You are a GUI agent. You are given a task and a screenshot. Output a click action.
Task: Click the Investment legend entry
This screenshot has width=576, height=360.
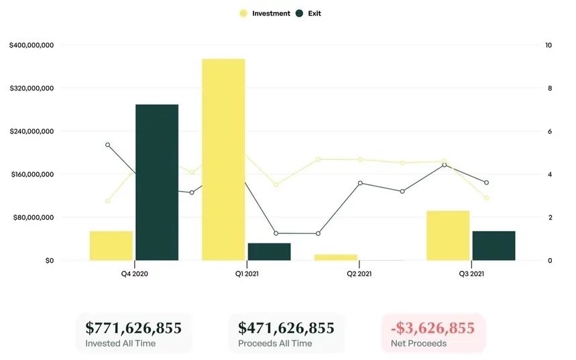pos(271,13)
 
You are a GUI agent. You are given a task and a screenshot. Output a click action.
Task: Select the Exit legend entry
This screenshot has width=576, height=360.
pos(314,13)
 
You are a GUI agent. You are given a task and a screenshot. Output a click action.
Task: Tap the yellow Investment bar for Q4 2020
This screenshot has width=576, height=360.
pos(111,245)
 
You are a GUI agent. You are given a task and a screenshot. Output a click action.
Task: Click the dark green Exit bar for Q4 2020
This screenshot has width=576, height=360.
pos(157,182)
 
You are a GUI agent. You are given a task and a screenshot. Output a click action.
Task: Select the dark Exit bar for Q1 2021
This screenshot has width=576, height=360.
pos(269,251)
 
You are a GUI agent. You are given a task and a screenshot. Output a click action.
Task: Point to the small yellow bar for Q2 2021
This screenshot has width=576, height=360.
pos(335,257)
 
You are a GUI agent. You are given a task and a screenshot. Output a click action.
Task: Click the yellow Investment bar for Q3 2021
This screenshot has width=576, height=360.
pos(448,235)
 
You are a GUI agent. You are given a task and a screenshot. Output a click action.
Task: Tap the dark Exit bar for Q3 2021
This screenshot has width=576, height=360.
pos(494,245)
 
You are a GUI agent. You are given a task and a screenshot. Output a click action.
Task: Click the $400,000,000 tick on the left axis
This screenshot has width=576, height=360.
pos(32,46)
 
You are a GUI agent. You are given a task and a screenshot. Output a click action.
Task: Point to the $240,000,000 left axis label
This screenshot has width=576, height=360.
pos(32,131)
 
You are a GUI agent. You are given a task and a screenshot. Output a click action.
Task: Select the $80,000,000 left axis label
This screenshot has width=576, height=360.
pos(34,217)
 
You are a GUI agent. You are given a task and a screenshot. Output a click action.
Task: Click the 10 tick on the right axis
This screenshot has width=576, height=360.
pos(549,46)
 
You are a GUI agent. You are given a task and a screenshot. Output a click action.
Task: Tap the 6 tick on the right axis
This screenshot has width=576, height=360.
pos(549,131)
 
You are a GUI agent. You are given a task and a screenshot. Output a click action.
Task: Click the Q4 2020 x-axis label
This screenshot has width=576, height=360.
pos(135,274)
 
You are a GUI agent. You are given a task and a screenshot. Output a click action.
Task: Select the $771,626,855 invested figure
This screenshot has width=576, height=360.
pos(133,328)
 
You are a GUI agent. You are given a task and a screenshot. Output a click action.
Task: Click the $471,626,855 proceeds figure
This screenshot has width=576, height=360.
pos(286,328)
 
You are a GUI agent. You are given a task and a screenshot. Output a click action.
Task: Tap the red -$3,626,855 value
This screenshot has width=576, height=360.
pos(434,328)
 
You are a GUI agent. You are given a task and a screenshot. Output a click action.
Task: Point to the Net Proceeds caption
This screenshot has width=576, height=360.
pos(418,344)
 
